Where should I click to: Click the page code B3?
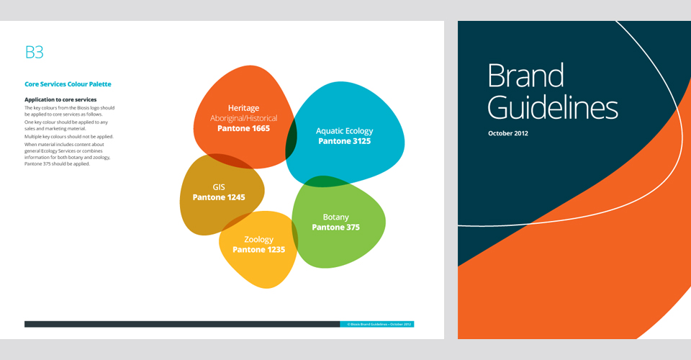35,52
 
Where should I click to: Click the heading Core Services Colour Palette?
68,84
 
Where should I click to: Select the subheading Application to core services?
60,99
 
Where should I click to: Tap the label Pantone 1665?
243,128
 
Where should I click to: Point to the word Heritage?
243,108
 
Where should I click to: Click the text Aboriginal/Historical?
243,118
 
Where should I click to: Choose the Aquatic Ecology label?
344,131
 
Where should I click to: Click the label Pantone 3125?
344,141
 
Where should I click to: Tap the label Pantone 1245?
219,197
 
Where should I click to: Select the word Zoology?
258,239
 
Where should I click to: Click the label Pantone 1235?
258,250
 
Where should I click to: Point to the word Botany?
335,217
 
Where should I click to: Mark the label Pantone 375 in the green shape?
335,228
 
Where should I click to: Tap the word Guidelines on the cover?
552,108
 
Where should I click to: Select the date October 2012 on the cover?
508,134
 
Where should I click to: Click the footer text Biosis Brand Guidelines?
378,325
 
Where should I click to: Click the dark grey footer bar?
180,325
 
